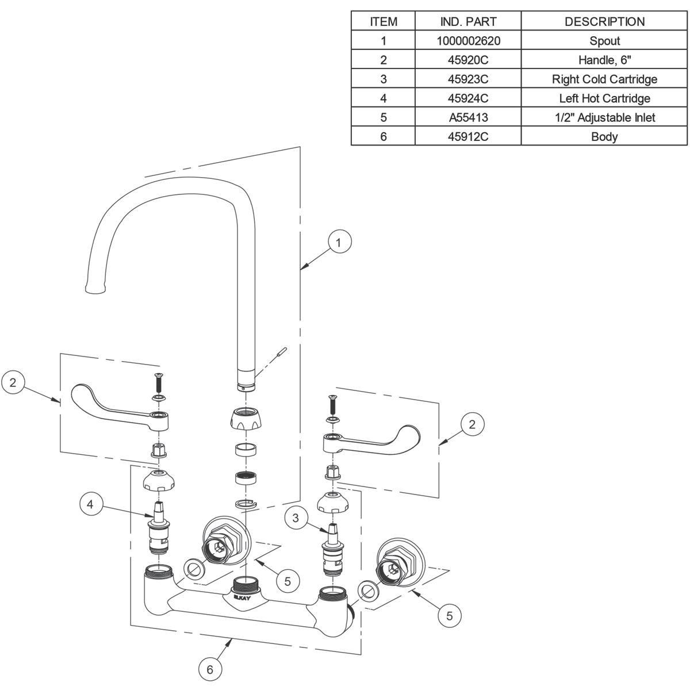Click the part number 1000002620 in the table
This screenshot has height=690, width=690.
pyautogui.click(x=467, y=41)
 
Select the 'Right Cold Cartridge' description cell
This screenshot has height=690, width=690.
pyautogui.click(x=604, y=79)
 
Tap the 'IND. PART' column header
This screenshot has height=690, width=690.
pyautogui.click(x=467, y=22)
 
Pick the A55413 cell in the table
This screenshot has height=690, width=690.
pyautogui.click(x=467, y=117)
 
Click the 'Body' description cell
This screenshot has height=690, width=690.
pyautogui.click(x=604, y=137)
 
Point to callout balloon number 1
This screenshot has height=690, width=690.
pyautogui.click(x=339, y=243)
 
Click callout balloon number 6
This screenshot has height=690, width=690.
pyautogui.click(x=210, y=669)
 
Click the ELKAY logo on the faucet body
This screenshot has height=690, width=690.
pyautogui.click(x=242, y=599)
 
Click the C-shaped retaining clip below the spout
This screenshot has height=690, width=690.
pyautogui.click(x=246, y=504)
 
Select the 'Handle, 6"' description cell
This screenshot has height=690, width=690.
pyautogui.click(x=604, y=60)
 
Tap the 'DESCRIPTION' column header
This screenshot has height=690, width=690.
pyautogui.click(x=604, y=22)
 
